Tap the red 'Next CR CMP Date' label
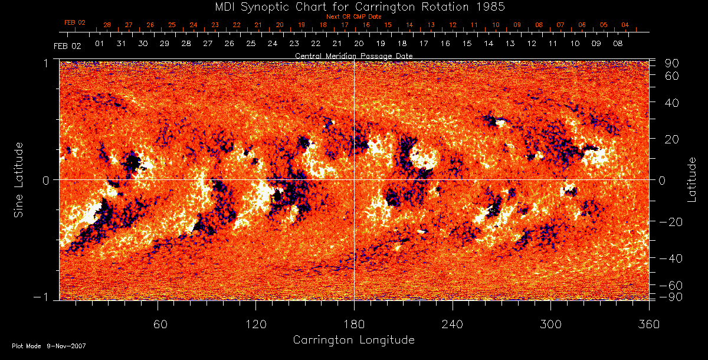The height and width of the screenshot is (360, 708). (x=353, y=17)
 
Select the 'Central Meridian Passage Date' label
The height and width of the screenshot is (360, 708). (x=353, y=55)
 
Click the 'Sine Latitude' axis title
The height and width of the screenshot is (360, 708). (x=19, y=179)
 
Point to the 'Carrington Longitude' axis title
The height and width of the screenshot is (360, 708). (x=353, y=340)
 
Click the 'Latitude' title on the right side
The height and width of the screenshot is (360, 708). (x=691, y=179)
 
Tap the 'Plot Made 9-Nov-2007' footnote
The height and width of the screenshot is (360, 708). (x=49, y=346)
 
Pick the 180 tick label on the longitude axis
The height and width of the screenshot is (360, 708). (x=354, y=324)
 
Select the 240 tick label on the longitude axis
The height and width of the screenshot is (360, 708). (x=453, y=324)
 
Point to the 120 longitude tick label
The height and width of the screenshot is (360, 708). (x=255, y=324)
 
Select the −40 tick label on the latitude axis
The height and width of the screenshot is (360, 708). (x=670, y=258)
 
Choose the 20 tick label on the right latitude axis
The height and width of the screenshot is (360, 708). (x=673, y=139)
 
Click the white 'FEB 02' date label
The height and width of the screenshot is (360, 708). (x=67, y=45)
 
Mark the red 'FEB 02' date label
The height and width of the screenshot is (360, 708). (x=75, y=22)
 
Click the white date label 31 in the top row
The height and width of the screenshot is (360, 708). (x=121, y=44)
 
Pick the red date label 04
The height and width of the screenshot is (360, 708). (x=625, y=25)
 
